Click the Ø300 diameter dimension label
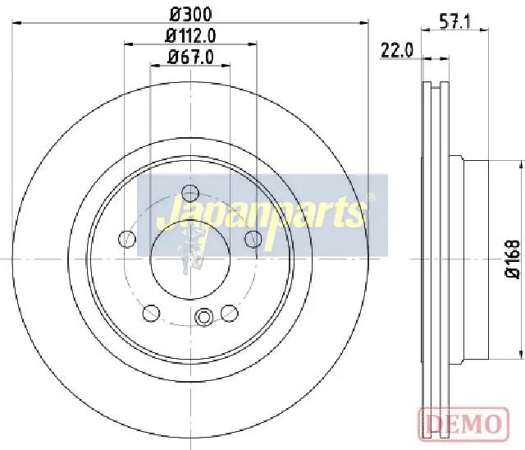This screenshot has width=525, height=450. (x=191, y=15)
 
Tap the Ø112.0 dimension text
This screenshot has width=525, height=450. (x=191, y=36)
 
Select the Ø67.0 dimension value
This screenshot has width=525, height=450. (x=190, y=57)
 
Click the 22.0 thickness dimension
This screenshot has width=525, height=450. (x=397, y=51)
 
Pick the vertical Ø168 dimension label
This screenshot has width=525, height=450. (x=513, y=259)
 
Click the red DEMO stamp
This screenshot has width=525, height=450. (x=463, y=423)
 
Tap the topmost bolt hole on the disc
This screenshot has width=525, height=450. (x=190, y=193)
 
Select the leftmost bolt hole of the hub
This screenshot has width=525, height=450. (x=127, y=239)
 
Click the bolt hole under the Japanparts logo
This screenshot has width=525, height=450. (x=253, y=239)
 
